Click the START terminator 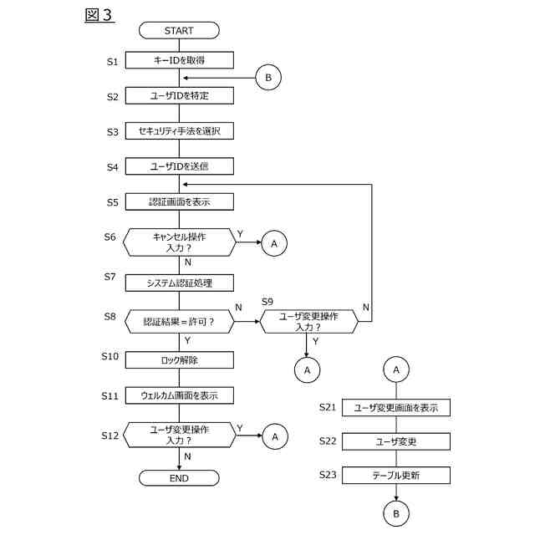[179, 30]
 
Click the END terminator [179, 478]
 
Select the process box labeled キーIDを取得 [180, 60]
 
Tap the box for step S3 [180, 131]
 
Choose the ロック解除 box [180, 360]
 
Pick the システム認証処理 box [180, 283]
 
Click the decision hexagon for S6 [180, 242]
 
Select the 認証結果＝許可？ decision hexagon [180, 321]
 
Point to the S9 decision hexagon [309, 321]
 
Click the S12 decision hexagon [180, 435]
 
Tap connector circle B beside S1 [268, 78]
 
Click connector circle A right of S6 [274, 243]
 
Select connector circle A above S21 [396, 369]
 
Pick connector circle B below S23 [396, 513]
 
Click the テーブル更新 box [396, 476]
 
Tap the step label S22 [328, 441]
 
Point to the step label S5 [113, 202]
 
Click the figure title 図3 [99, 15]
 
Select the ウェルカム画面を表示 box [180, 395]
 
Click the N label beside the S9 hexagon [366, 307]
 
